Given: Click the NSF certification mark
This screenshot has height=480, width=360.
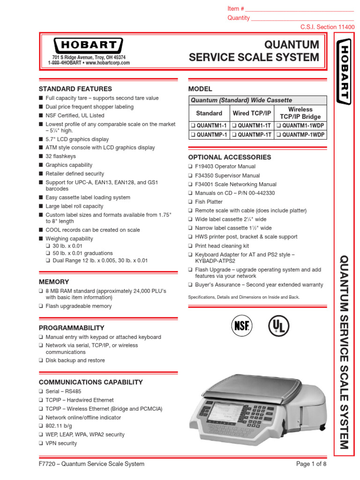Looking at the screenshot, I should pos(241,325).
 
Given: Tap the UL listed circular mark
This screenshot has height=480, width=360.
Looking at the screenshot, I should pos(278,325).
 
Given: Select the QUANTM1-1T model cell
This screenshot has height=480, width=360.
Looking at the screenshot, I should pos(253,125).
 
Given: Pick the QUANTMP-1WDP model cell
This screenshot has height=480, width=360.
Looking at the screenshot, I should pos(300,135).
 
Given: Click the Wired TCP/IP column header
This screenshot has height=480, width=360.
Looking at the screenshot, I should pos(252,113).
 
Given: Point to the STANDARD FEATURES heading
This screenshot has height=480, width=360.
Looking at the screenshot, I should pos(75,89).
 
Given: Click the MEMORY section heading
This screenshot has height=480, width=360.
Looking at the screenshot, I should pos(54,282).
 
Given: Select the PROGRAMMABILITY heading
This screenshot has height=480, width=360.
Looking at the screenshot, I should pos(71,328).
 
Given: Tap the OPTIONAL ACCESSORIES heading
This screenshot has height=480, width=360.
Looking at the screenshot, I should pos(229,157).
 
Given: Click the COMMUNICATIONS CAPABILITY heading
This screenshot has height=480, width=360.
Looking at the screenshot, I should pos(90,382).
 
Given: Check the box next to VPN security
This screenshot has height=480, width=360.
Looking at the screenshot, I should pos(41,443).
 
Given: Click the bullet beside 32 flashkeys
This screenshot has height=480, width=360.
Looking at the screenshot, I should pos(41,157).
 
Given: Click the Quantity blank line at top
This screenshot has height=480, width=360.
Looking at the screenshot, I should pos(302,18).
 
